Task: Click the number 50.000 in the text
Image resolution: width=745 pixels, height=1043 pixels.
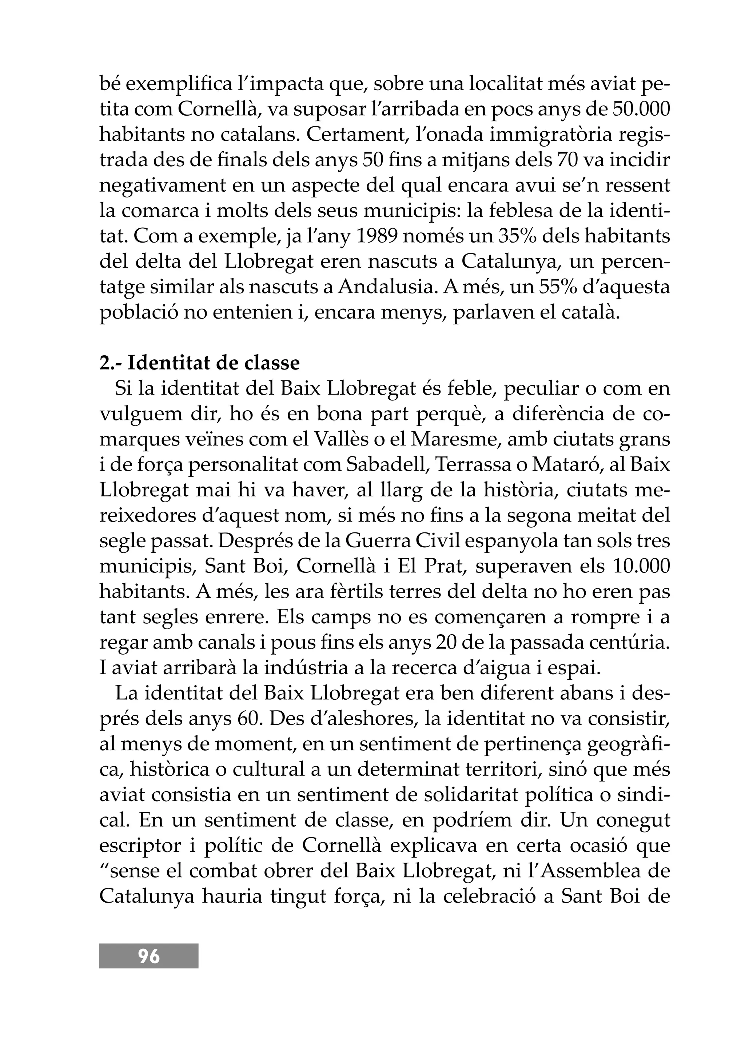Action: [x=641, y=109]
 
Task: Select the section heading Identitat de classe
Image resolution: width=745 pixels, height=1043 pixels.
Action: [x=213, y=363]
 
